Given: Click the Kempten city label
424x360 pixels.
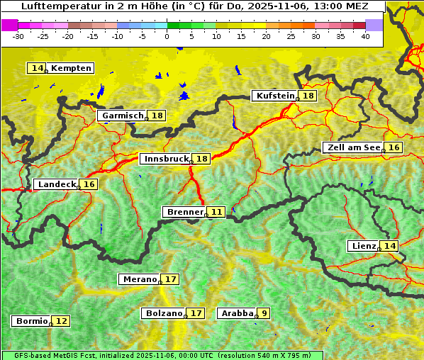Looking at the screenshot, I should coord(72,68).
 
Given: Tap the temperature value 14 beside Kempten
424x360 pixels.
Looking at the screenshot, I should coord(37,68).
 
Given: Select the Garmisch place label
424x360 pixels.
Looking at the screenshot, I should coord(122,116).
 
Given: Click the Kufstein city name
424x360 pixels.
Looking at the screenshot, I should coord(274,96).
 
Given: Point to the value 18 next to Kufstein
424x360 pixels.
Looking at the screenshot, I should coord(308,96).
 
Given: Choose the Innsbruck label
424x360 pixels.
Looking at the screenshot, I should coord(165,159).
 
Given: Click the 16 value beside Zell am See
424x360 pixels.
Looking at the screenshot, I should coord(394,147).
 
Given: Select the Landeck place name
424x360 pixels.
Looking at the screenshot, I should coord(57,184).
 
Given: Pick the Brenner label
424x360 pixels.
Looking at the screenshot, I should coord(184,212).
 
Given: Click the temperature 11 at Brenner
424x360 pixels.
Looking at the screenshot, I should coord(216,212).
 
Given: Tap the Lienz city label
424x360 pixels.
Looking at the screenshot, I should coord(363,246).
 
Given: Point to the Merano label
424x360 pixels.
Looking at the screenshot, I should coord(139,279).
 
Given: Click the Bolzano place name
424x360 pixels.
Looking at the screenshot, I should coord(164,313).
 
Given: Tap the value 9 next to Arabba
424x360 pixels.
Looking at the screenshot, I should coord(264,313).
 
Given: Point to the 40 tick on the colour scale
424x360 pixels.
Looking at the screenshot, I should coord(365,36).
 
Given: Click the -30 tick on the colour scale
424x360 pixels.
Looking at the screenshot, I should coord(18,36).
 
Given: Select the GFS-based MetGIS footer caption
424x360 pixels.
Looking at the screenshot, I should coord(162,355).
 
